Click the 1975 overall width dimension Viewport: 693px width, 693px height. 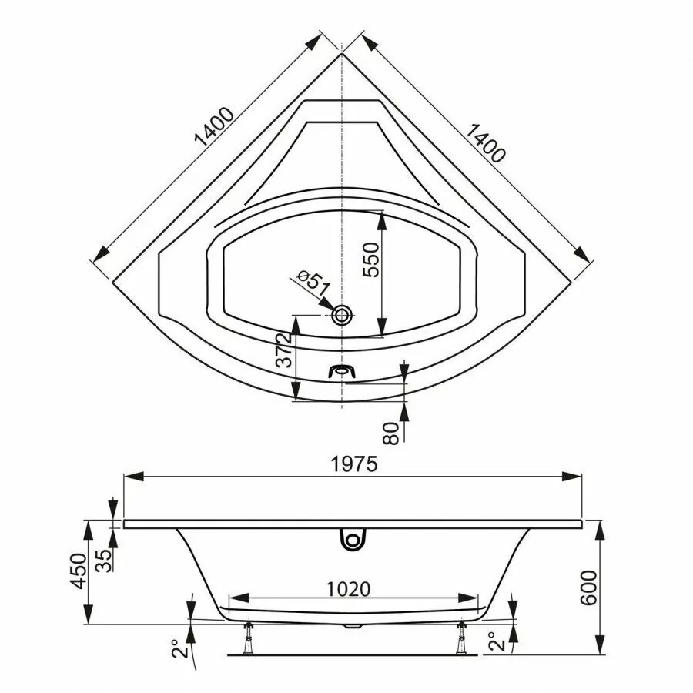pos(353,464)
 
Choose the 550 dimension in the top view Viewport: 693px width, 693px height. pos(371,261)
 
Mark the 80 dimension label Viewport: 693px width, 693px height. pos(393,433)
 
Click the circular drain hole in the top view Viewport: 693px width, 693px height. pos(343,314)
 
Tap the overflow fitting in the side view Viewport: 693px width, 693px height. pos(352,539)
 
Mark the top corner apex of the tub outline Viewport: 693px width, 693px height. pos(341,54)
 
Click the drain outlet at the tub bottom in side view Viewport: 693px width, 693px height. pos(353,625)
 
